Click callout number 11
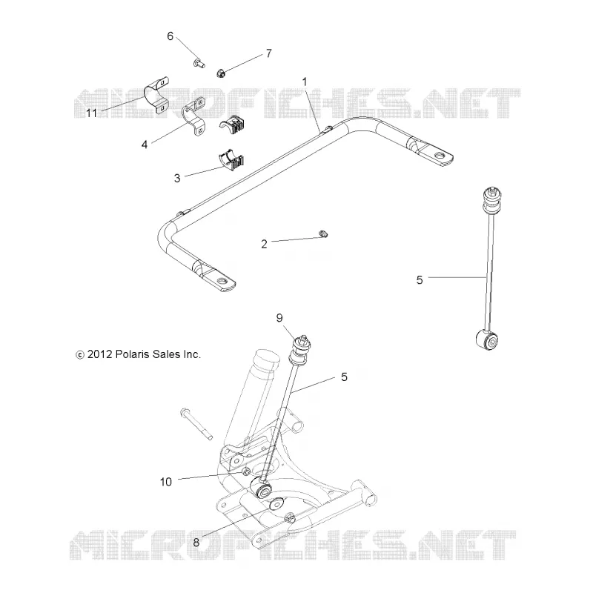[x=91, y=113]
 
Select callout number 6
[x=170, y=36]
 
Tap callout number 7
[x=269, y=53]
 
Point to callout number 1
[x=305, y=82]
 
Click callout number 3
[x=177, y=178]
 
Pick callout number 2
[x=264, y=244]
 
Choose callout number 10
[x=165, y=482]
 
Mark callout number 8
[x=196, y=543]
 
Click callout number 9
[x=279, y=318]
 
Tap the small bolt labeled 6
[x=199, y=63]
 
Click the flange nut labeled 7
[x=221, y=73]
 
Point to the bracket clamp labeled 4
[x=193, y=116]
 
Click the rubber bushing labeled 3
[x=231, y=161]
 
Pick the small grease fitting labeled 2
[x=323, y=234]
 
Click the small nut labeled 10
[x=246, y=471]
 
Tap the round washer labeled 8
[x=276, y=504]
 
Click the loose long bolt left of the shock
[x=196, y=424]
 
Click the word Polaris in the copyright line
[x=132, y=354]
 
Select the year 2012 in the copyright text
[x=100, y=354]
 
